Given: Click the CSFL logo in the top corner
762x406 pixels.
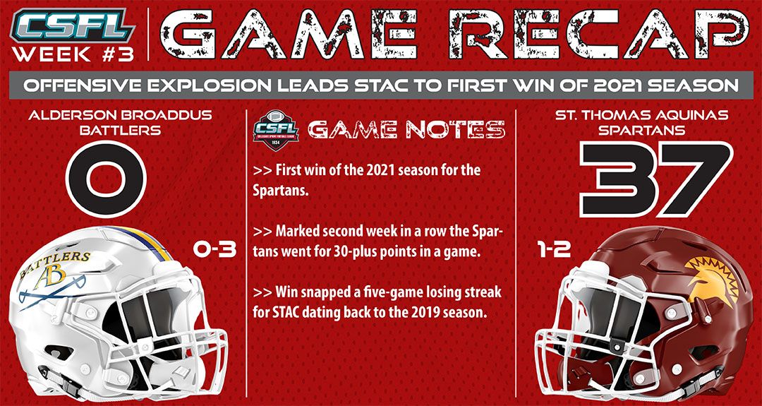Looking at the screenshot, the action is [73, 25].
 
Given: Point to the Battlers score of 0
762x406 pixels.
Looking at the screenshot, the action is [106, 179].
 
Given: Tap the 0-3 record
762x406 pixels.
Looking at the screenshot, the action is [214, 250].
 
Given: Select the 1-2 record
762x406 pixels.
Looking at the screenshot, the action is [554, 250].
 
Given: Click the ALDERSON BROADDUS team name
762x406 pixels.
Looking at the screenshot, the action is [120, 117].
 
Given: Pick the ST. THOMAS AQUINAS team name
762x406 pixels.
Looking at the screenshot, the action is [638, 117].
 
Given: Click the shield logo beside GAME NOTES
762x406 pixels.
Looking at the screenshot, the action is [277, 131].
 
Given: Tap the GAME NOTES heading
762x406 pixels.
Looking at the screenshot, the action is [406, 130].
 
